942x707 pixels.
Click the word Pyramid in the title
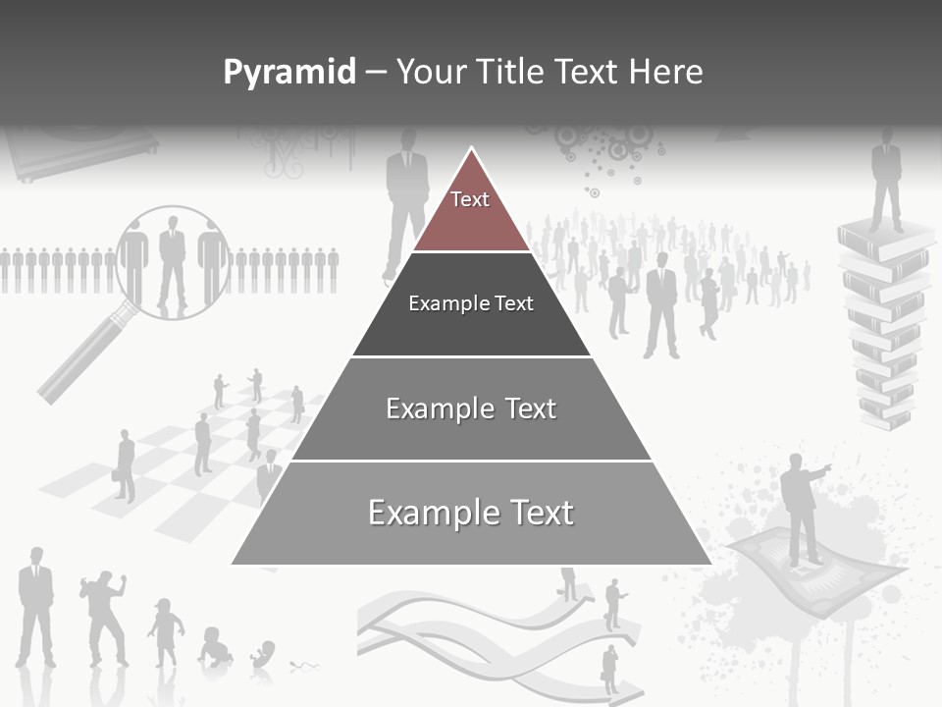point(289,73)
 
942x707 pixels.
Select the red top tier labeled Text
point(470,211)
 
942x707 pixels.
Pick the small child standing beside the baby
point(166,633)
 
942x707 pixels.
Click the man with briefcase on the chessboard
point(125,465)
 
